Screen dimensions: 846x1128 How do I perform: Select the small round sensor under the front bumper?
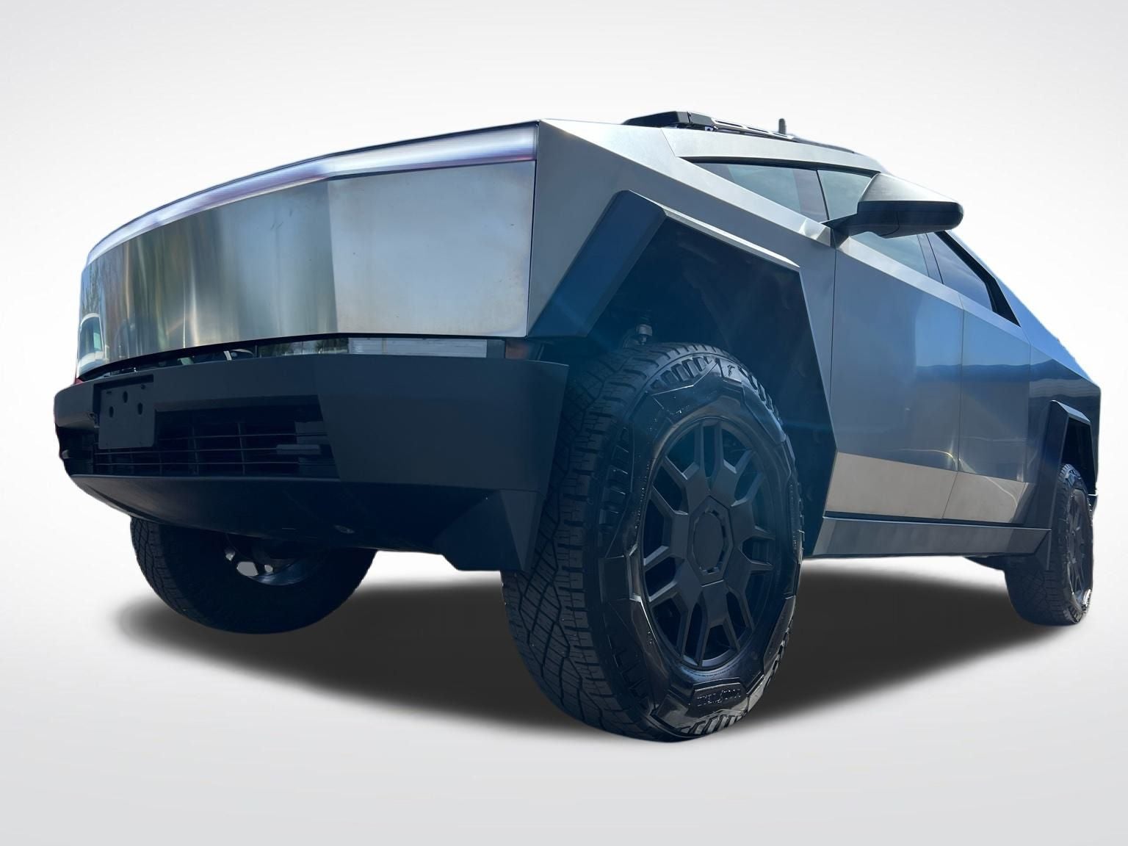coord(339,528)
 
